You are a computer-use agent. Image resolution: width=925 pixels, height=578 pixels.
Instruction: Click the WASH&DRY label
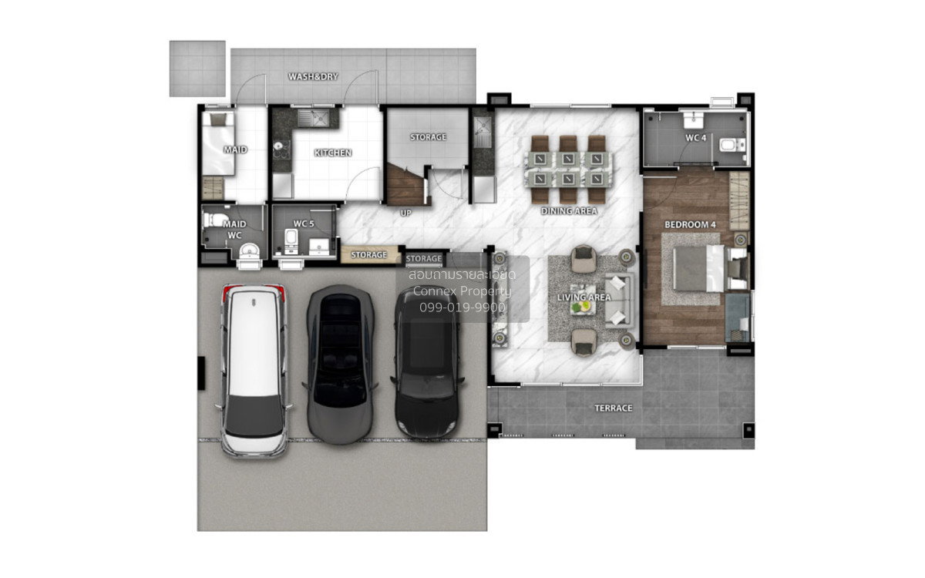pyautogui.click(x=313, y=77)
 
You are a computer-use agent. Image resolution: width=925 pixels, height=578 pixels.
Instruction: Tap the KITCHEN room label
pyautogui.click(x=333, y=153)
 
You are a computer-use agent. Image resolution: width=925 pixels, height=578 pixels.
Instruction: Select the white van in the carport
pyautogui.click(x=254, y=371)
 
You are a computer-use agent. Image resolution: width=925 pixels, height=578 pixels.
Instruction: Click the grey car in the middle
pyautogui.click(x=340, y=364)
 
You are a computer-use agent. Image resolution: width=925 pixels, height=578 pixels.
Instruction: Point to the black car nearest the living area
pyautogui.click(x=427, y=362)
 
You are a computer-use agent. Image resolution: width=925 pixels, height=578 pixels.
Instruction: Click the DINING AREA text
pyautogui.click(x=569, y=211)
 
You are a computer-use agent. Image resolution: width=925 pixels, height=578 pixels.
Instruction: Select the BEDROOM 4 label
pyautogui.click(x=690, y=225)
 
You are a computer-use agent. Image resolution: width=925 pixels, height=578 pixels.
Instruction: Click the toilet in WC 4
pyautogui.click(x=732, y=145)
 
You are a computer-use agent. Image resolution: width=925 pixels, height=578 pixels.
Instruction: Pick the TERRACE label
pyautogui.click(x=614, y=408)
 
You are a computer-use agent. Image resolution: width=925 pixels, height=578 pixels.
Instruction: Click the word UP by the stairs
pyautogui.click(x=405, y=213)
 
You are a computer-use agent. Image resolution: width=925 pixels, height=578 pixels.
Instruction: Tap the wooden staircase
pyautogui.click(x=406, y=185)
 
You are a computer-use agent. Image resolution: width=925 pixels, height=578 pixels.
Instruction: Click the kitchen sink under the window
pyautogui.click(x=314, y=119)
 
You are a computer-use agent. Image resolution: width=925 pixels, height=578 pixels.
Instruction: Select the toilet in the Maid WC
pyautogui.click(x=215, y=220)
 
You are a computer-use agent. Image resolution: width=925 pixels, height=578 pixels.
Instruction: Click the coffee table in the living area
pyautogui.click(x=583, y=299)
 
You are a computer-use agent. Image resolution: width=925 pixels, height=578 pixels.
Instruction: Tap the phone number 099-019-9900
pyautogui.click(x=462, y=307)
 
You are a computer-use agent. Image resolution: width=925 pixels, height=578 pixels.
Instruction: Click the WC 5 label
pyautogui.click(x=304, y=223)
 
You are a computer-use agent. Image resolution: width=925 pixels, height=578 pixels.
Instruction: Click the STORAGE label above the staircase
pyautogui.click(x=428, y=137)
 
